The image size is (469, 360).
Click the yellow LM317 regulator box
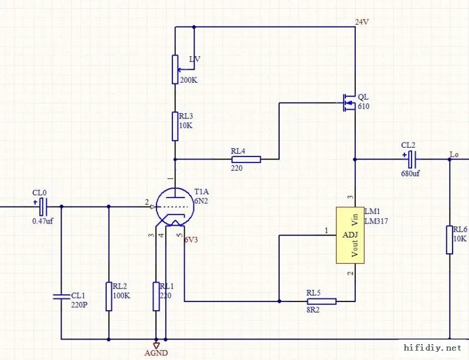coord(350,235)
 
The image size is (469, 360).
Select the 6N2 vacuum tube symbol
coord(175,207)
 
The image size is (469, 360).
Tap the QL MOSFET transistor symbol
coord(349,103)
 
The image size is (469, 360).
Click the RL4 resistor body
coord(246,159)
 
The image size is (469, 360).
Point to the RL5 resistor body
coord(321,301)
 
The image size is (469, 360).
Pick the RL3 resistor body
coord(175,126)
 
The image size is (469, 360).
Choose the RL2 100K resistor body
coord(109,296)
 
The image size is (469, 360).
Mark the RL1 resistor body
coord(156,296)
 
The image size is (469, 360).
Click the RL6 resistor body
coord(449,240)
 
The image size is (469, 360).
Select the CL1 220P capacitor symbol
coord(62,297)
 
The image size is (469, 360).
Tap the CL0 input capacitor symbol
coord(43,206)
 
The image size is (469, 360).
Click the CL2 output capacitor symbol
coord(412,159)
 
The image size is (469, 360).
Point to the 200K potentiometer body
coord(175,69)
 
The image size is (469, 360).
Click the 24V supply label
coord(362,22)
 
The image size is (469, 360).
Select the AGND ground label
coord(156,353)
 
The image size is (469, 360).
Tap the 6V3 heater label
coord(191,240)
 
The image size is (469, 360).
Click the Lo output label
coord(454,155)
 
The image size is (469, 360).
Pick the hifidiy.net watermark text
coord(432,348)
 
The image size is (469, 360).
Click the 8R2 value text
coord(313,310)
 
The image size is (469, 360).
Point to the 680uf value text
coord(410,174)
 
